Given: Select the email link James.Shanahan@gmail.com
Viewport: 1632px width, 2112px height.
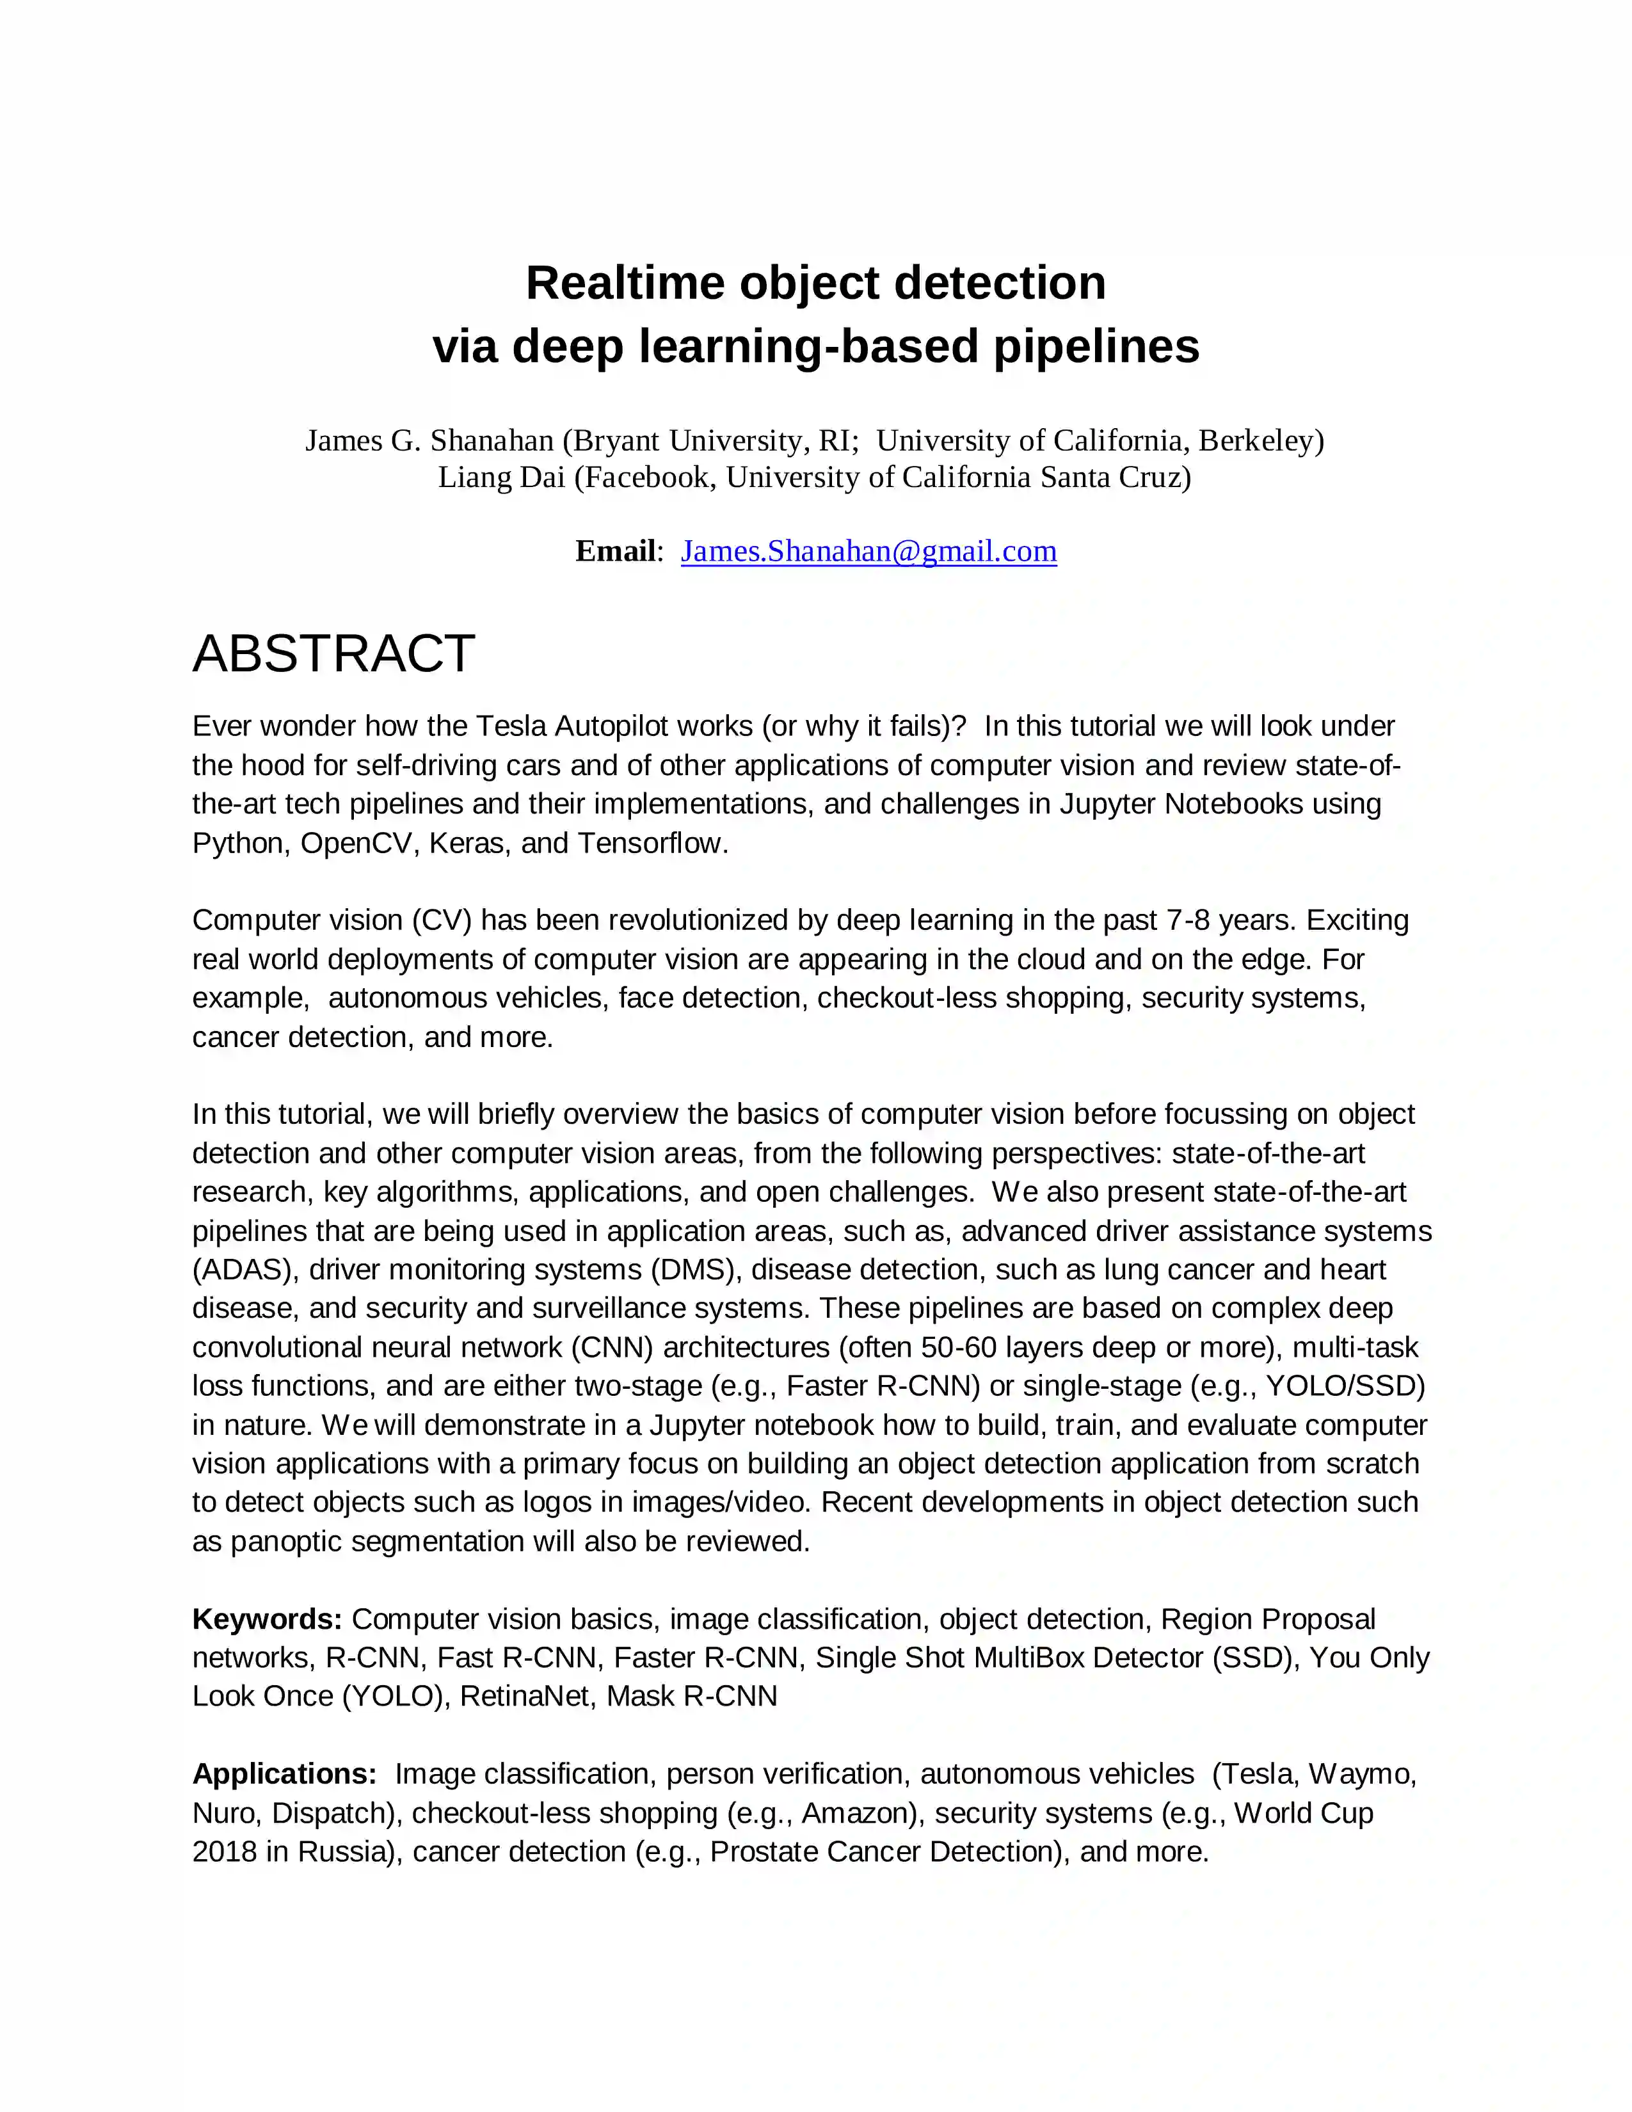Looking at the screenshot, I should [868, 551].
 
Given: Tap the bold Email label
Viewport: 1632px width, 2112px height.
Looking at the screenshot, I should [615, 551].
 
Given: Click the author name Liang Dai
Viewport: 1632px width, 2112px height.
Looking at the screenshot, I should [501, 477].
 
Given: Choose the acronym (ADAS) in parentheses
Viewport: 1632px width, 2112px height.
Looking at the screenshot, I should [246, 1270].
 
